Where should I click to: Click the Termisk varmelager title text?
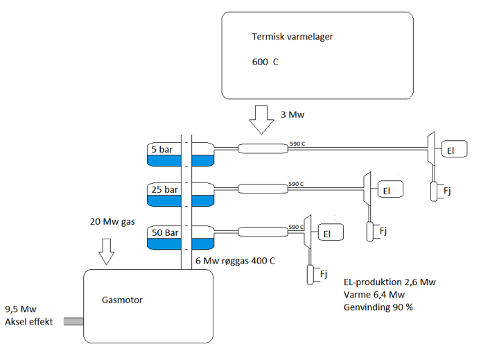292,37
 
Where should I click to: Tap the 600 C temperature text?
265,62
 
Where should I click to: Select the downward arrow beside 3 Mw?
261,120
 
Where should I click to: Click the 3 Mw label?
292,114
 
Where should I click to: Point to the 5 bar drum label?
162,149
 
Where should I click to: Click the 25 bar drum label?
164,189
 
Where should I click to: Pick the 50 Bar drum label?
165,232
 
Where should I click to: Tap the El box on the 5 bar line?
454,149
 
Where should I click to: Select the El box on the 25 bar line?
390,189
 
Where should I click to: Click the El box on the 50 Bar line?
331,232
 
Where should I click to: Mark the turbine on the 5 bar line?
431,148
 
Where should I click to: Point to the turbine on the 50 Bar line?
307,232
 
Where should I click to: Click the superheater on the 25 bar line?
263,189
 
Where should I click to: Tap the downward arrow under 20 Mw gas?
107,252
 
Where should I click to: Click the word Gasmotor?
122,300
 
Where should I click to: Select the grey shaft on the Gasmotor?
73,321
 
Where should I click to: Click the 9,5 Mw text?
21,309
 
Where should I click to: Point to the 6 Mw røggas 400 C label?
235,261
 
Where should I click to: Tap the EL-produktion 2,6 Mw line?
390,282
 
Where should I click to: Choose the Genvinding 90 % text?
378,307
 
